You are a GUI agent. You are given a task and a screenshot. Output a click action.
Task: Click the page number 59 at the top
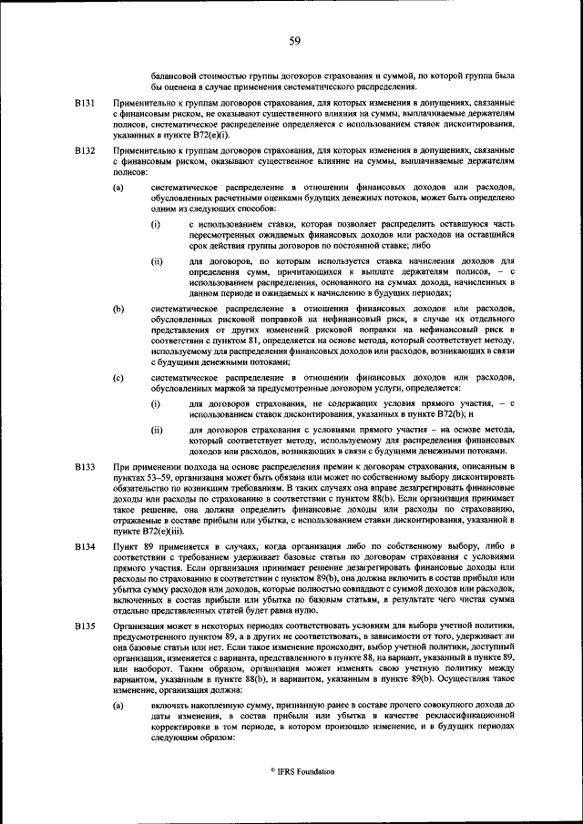294,40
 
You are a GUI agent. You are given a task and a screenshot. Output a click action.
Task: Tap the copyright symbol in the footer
272,770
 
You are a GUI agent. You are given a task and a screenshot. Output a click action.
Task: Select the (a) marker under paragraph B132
118,188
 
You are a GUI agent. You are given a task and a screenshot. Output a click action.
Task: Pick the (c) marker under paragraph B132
118,377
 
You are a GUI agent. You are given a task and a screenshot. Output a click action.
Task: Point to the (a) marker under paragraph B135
118,707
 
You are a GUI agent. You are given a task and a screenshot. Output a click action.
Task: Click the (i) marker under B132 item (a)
156,222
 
